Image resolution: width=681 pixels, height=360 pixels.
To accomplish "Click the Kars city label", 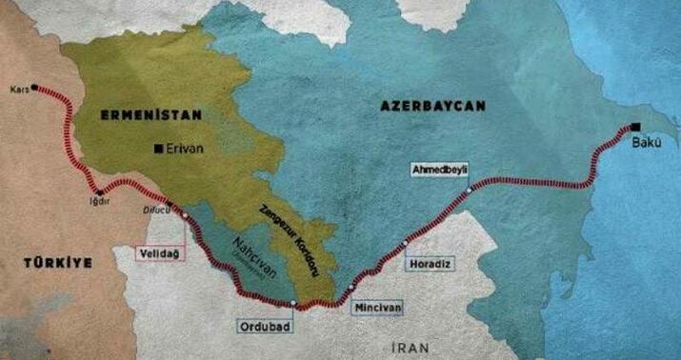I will [x=17, y=87].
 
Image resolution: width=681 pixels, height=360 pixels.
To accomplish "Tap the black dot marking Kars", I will [x=35, y=87].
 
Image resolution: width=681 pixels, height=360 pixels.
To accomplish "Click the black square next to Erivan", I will [x=158, y=148].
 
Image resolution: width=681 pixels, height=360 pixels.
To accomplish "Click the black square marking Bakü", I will [x=634, y=128].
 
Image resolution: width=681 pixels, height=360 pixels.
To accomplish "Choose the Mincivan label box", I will [x=377, y=309].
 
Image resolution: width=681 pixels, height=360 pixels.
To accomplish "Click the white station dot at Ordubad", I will [x=294, y=304].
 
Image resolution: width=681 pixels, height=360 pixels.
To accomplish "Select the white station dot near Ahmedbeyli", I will [x=470, y=189].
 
